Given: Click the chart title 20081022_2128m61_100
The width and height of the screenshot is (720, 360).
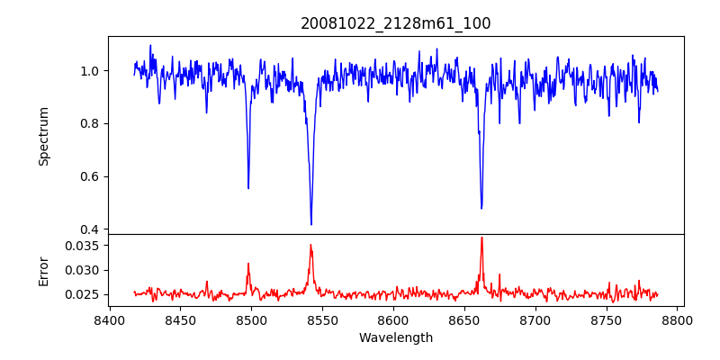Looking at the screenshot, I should [396, 23].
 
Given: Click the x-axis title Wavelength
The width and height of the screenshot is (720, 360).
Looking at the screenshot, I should [396, 338].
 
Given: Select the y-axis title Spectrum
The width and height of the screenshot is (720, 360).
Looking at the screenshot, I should [43, 136].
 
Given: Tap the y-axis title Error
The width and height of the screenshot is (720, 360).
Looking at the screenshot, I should [43, 271].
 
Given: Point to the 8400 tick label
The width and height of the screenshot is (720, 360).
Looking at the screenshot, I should [109, 320].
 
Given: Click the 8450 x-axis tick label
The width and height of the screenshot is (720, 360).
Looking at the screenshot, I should [180, 320].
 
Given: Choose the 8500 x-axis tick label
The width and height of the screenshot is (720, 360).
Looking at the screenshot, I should [251, 320].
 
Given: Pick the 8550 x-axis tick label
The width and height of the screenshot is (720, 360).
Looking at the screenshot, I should [322, 320].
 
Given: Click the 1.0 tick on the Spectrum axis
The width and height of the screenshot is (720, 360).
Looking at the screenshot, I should [91, 71].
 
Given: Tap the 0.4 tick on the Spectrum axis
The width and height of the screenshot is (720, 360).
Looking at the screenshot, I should [91, 229].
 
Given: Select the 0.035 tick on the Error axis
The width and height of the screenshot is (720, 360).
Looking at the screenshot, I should [84, 245].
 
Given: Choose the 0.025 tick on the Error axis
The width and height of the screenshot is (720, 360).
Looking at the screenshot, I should [84, 294].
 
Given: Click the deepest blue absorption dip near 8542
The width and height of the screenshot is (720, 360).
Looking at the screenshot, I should [311, 224].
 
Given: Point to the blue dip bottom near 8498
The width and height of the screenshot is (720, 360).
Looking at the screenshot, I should [248, 188].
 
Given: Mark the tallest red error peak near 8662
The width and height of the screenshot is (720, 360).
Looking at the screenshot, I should [481, 238].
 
